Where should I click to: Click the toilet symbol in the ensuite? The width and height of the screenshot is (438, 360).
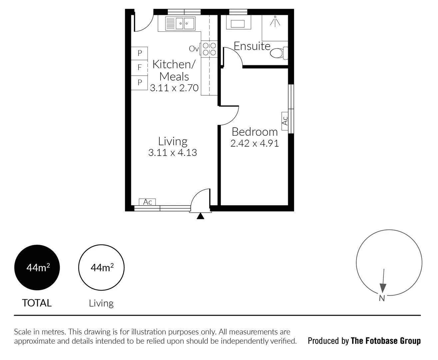pyautogui.click(x=278, y=53)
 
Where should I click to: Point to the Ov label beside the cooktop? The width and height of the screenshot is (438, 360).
pyautogui.click(x=194, y=49)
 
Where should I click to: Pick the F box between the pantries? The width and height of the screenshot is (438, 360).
pyautogui.click(x=140, y=68)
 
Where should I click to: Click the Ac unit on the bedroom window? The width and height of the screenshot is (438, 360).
pyautogui.click(x=285, y=120)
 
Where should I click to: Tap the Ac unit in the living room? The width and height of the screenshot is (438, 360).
pyautogui.click(x=147, y=202)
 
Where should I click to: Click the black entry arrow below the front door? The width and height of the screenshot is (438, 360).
pyautogui.click(x=200, y=216)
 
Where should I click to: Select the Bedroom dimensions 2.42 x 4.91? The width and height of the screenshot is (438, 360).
pyautogui.click(x=254, y=144)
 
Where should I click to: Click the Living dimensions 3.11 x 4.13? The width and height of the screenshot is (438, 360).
pyautogui.click(x=173, y=153)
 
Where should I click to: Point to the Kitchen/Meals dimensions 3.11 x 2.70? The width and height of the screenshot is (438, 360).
pyautogui.click(x=174, y=88)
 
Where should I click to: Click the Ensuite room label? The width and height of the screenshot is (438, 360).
pyautogui.click(x=252, y=46)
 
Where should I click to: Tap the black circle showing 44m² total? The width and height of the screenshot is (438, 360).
pyautogui.click(x=37, y=268)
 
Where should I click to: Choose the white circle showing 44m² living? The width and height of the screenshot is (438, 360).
pyautogui.click(x=101, y=268)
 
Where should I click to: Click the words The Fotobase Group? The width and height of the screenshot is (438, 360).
pyautogui.click(x=386, y=341)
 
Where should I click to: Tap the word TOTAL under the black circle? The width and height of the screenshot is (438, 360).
pyautogui.click(x=37, y=303)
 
